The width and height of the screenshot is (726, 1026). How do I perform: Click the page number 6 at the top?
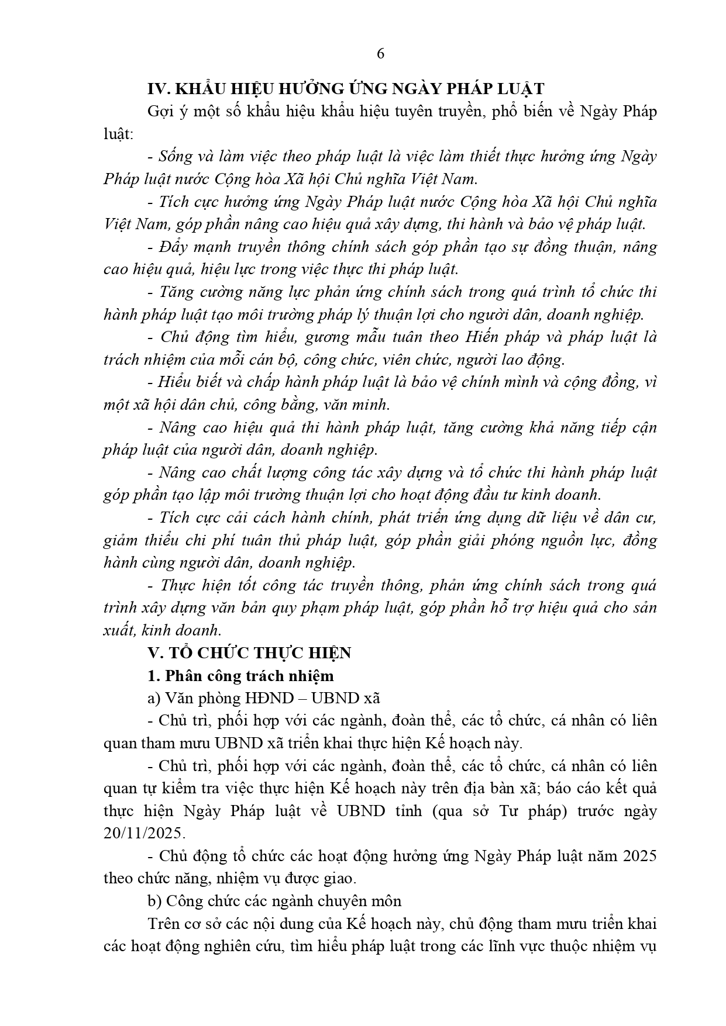(380, 54)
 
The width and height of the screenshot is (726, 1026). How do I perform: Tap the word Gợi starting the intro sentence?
(160, 112)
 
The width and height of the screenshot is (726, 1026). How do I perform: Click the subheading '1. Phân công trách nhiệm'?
(240, 676)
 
